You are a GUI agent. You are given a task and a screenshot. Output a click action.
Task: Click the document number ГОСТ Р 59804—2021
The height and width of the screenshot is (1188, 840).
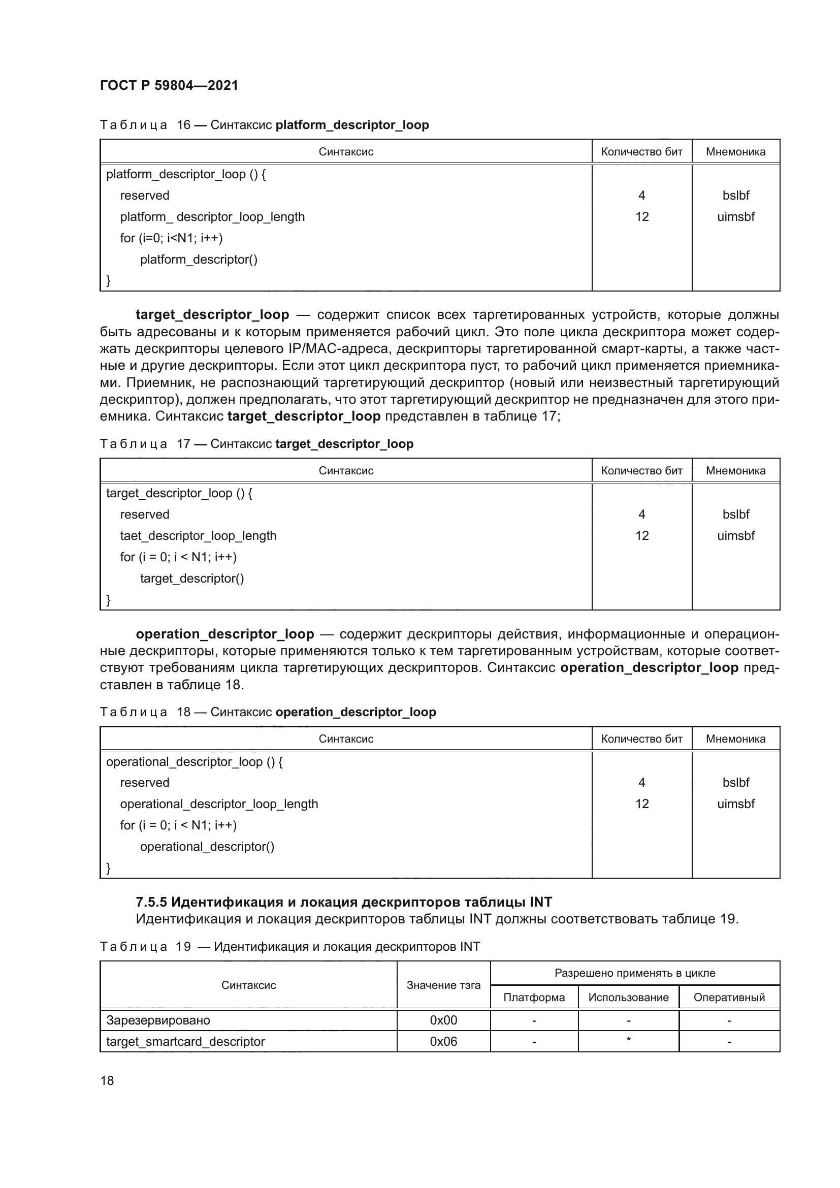pos(169,85)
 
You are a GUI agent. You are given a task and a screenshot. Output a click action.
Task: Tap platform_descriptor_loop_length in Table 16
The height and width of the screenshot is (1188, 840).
pos(212,217)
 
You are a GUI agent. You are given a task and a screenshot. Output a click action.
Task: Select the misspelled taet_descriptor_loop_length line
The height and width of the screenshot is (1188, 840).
pos(198,536)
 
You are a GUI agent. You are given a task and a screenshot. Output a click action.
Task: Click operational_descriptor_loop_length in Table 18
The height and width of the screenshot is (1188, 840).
pos(219,804)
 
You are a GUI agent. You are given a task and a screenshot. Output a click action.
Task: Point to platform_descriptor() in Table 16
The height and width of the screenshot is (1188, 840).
pos(199,259)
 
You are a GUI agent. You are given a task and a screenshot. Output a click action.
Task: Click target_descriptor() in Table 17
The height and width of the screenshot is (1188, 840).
pos(192,579)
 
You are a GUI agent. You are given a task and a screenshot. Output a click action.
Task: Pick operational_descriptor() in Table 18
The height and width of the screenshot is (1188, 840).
pos(207,847)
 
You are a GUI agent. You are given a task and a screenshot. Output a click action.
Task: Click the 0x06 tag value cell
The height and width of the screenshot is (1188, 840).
pos(443,1042)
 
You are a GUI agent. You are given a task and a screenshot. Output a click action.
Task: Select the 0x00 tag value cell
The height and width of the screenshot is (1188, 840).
pos(443,1020)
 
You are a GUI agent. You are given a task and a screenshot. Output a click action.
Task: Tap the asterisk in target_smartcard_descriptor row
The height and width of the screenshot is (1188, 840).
pos(628,1040)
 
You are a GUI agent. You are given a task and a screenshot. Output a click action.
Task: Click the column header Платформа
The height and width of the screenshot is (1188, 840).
pos(534,997)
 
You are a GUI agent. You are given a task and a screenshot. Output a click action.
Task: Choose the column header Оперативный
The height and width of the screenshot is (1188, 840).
pos(729,997)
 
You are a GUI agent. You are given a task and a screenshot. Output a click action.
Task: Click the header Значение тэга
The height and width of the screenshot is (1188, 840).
pos(443,985)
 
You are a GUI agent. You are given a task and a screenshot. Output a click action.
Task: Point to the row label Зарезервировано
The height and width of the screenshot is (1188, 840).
pos(158,1020)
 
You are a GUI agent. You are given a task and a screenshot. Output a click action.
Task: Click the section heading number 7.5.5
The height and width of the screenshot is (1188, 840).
pos(151,903)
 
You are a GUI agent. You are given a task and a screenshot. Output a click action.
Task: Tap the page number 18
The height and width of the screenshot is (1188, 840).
pos(107,1080)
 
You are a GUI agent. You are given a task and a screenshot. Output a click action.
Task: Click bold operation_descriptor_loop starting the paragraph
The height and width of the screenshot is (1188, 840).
pos(224,634)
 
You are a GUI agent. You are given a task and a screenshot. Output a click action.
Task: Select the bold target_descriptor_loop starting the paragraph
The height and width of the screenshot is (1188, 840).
pos(212,314)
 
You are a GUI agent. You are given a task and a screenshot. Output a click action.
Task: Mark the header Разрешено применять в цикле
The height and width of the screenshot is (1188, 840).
pos(635,973)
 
